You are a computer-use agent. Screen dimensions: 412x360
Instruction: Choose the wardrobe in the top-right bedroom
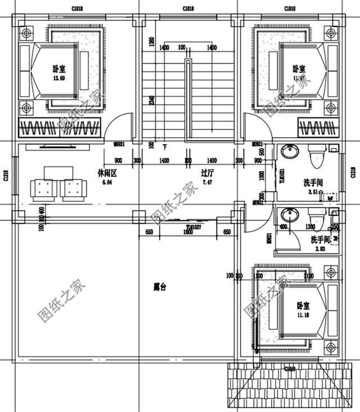tap(319, 129)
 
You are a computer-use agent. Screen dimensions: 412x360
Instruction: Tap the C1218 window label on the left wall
tap(6, 176)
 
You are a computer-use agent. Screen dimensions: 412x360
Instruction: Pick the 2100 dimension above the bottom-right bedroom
tap(308, 276)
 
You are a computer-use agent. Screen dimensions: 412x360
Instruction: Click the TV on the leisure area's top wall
tap(56, 147)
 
